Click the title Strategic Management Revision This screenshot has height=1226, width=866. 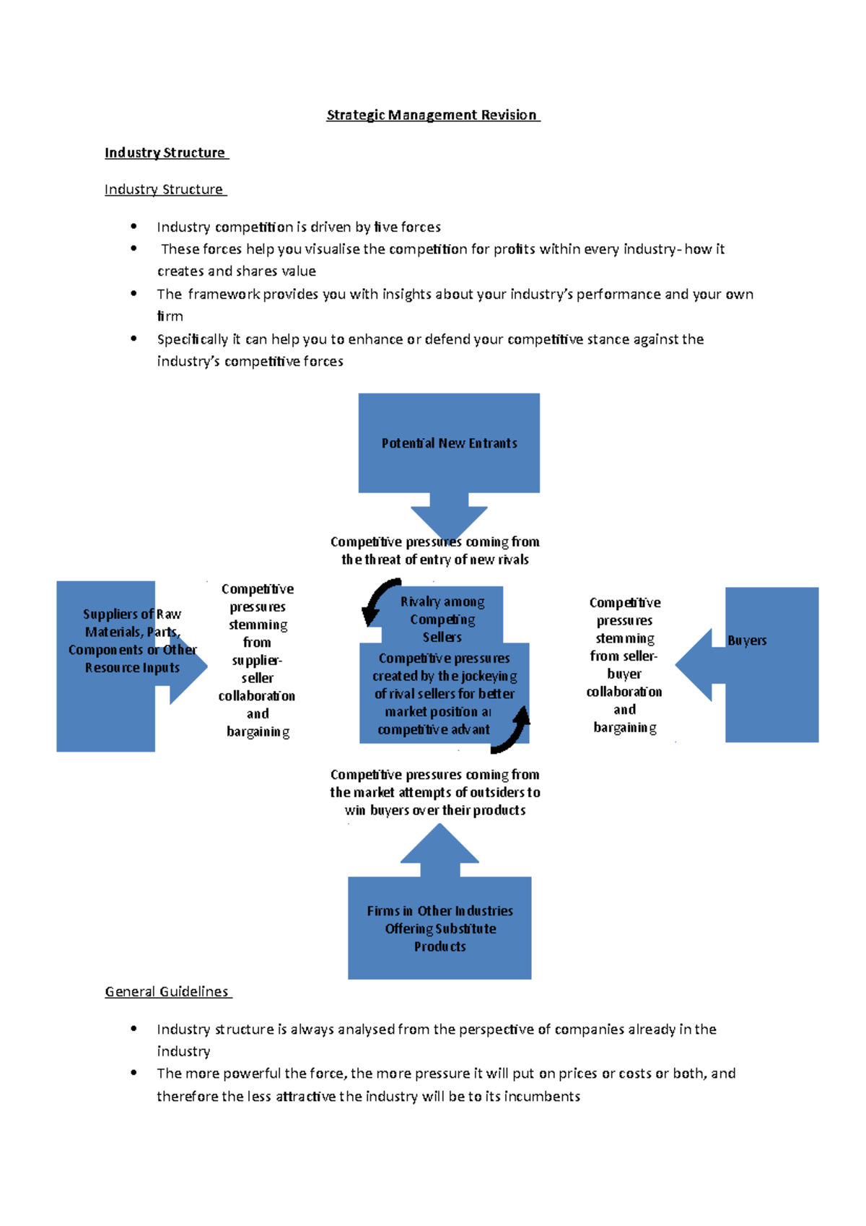click(432, 115)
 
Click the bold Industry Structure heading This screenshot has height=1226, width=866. click(165, 152)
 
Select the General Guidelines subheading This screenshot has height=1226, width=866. click(167, 991)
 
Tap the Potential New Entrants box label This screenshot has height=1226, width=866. click(449, 443)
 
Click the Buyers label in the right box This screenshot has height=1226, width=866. click(747, 640)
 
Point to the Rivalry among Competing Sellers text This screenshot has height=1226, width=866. click(442, 619)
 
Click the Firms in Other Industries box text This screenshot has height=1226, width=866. click(439, 929)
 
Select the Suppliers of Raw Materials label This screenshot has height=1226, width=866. click(132, 640)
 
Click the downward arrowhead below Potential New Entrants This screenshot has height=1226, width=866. click(449, 523)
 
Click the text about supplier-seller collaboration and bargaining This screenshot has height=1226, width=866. click(258, 660)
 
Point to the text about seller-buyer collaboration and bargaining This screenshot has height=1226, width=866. click(624, 665)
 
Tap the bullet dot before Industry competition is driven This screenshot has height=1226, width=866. click(134, 227)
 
